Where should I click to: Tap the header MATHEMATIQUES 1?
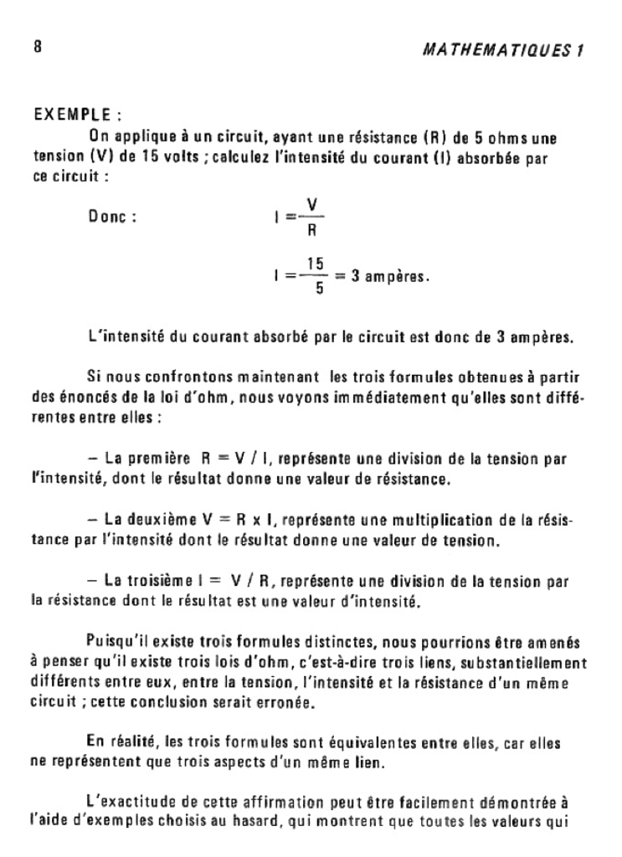pyautogui.click(x=503, y=49)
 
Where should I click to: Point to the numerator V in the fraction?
pyautogui.click(x=311, y=205)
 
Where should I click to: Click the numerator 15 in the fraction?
pyautogui.click(x=315, y=263)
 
